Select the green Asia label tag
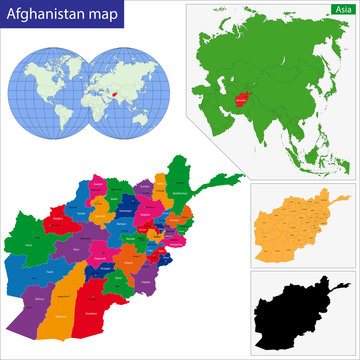point(342,8)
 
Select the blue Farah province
point(40,275)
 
